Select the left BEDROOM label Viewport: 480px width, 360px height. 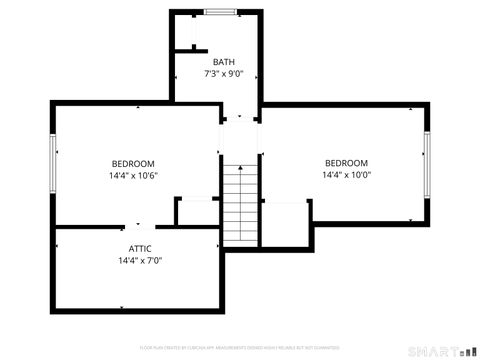pyautogui.click(x=132, y=164)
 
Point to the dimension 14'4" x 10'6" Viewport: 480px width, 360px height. pyautogui.click(x=134, y=176)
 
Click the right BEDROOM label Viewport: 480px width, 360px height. pyautogui.click(x=346, y=163)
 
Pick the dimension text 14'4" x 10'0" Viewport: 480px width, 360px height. pyautogui.click(x=346, y=175)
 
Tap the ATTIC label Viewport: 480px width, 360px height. pyautogui.click(x=140, y=248)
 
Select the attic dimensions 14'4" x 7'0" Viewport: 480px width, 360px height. pyautogui.click(x=140, y=260)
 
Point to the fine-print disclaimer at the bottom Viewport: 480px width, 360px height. pyautogui.click(x=240, y=346)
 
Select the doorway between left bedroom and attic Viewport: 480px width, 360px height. pyautogui.click(x=140, y=226)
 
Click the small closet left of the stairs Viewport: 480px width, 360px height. pyautogui.click(x=197, y=212)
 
